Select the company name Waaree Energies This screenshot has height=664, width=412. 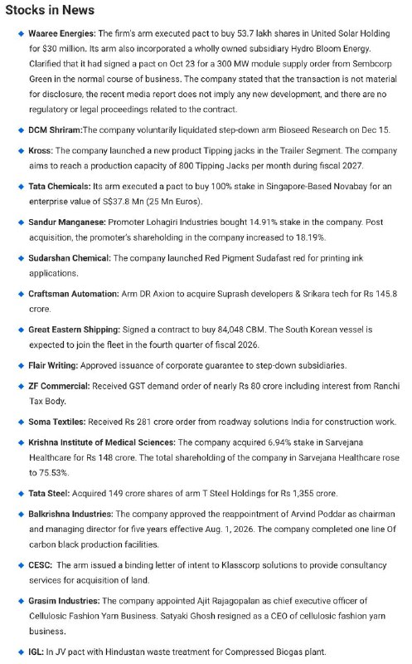[62, 34]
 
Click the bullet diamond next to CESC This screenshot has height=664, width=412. [20, 564]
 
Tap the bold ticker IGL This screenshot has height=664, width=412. [37, 651]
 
